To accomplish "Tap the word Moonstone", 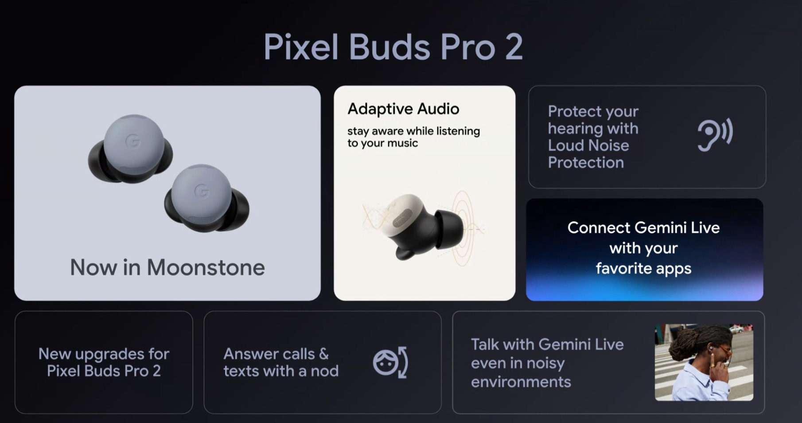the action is (206, 267).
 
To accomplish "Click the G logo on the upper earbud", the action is (133, 141).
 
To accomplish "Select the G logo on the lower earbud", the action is (202, 191).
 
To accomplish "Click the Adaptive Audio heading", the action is (403, 109).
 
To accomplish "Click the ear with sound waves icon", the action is (715, 134).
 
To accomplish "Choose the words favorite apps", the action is (643, 268).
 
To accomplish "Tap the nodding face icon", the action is (390, 362).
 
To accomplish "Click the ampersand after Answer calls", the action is (323, 354).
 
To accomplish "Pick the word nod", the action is (325, 371).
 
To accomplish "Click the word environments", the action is (521, 382).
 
